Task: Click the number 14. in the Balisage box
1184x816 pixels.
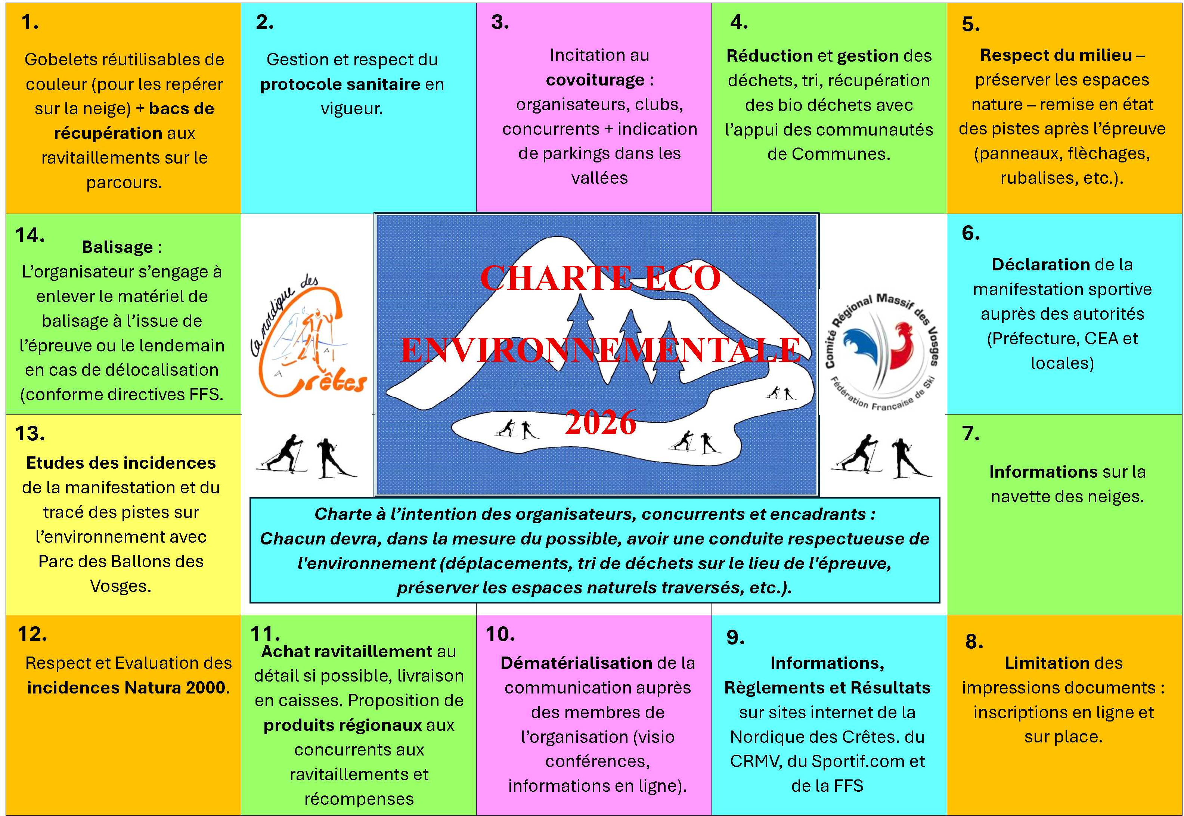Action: tap(30, 235)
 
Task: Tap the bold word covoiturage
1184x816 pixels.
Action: tap(595, 80)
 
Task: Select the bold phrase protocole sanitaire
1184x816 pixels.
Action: tap(340, 84)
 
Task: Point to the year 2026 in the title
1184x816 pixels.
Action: tap(600, 422)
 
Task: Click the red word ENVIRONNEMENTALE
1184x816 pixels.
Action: tap(600, 350)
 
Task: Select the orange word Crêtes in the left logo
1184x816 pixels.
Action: tap(327, 381)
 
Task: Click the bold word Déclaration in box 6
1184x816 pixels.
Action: tap(1040, 265)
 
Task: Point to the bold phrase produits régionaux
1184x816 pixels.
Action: tap(343, 725)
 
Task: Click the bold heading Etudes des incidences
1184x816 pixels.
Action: tap(121, 463)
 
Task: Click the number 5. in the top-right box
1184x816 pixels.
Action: tap(970, 25)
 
